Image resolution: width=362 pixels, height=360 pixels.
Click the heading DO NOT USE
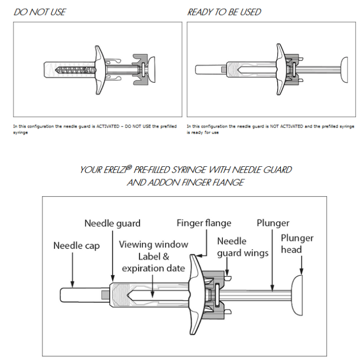coord(40,11)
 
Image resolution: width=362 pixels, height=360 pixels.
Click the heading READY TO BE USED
coord(224,11)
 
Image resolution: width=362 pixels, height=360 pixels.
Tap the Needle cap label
coord(76,245)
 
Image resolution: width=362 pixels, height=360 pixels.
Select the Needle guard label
coord(112,224)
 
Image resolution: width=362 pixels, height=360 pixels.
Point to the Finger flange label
coord(204,223)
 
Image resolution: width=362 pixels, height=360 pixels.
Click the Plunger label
coord(273,223)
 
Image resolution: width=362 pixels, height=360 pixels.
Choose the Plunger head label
coord(297,244)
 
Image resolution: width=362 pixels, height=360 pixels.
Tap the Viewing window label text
coord(154,244)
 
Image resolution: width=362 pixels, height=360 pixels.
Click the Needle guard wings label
coord(243,247)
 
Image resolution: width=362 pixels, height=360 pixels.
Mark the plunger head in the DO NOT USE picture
coord(153,68)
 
